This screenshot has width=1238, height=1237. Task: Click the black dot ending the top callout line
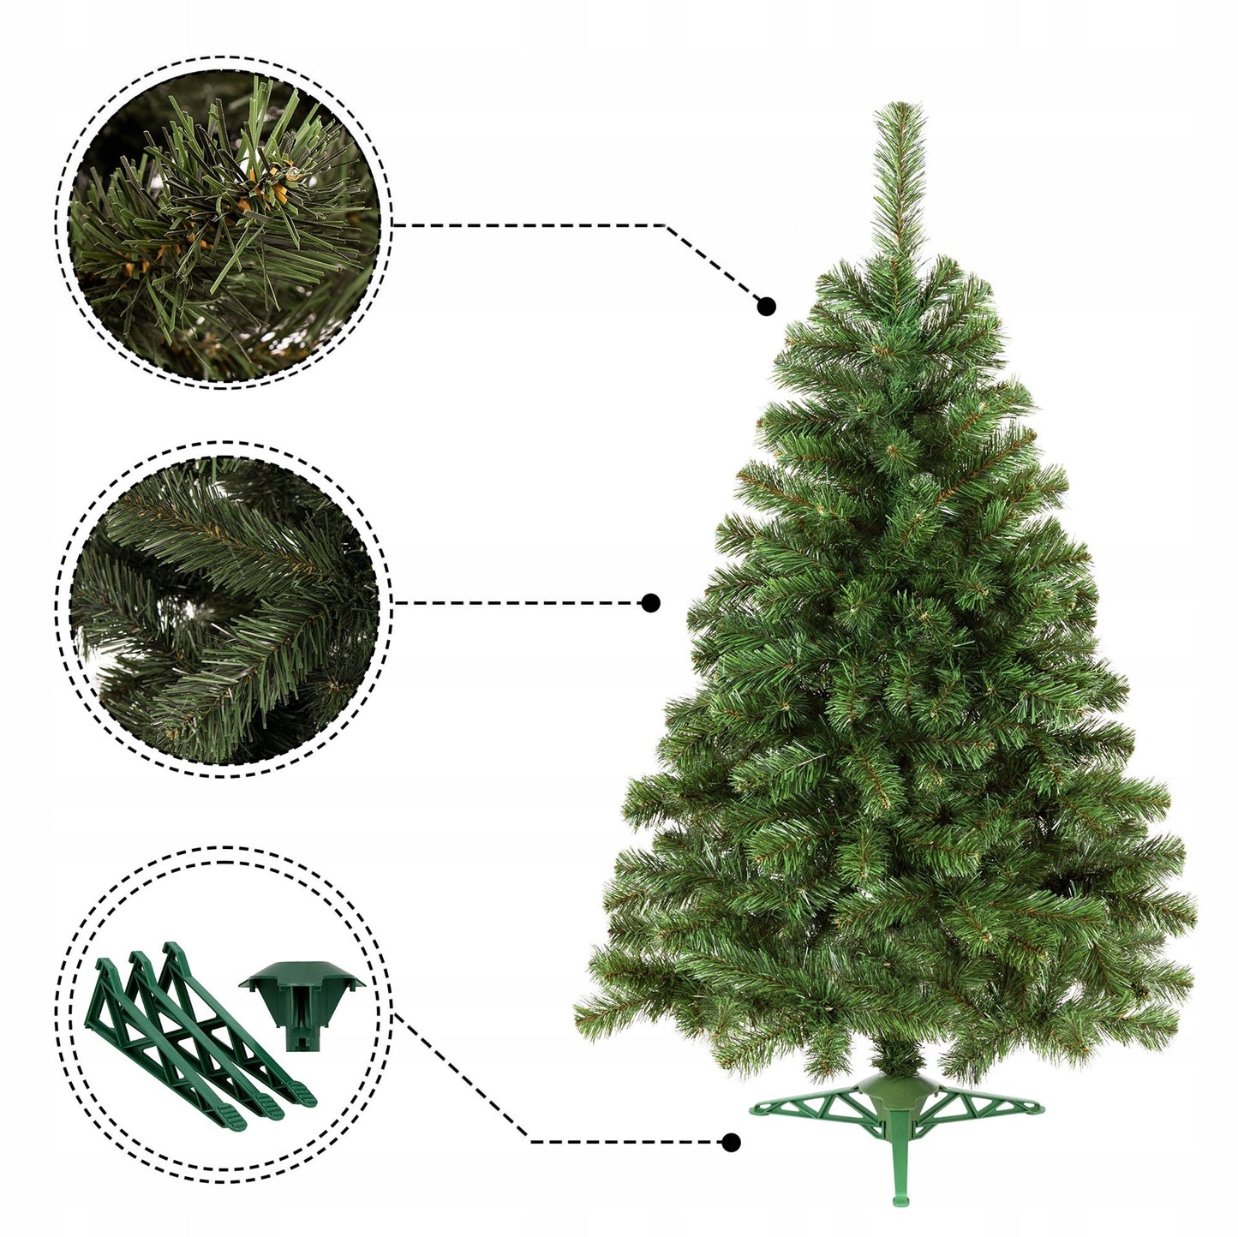[766, 306]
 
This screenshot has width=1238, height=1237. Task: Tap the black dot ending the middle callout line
[651, 603]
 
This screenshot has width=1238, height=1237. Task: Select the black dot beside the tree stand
[731, 1142]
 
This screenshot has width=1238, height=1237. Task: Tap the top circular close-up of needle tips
[224, 224]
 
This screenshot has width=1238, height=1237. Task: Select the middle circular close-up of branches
[224, 610]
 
